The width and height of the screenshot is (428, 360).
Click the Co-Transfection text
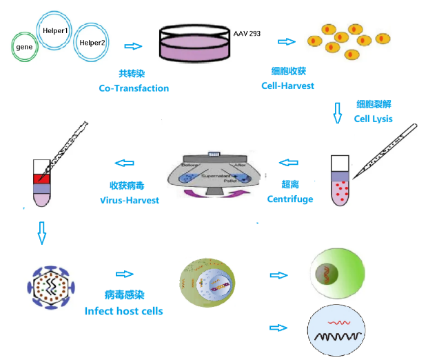point(134,88)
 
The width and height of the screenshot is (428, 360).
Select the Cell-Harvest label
point(288,86)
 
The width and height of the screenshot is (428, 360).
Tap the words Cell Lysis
point(373,118)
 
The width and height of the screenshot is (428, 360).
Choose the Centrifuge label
point(289,199)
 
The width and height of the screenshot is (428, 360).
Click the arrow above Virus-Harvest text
point(124,163)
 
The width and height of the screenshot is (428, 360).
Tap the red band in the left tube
point(42,179)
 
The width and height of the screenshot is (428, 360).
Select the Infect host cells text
point(123,310)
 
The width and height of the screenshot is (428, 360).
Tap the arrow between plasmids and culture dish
point(132,46)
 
